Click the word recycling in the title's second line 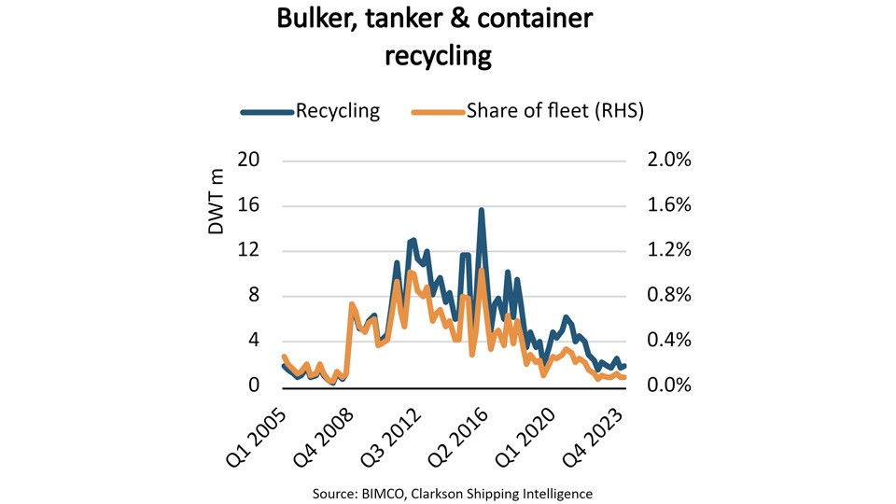(439, 56)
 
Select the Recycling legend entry (338, 111)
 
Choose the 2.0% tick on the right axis (668, 161)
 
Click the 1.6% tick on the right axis (668, 205)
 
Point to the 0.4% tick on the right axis (668, 341)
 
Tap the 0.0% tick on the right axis (668, 386)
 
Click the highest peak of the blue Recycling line (482, 211)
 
